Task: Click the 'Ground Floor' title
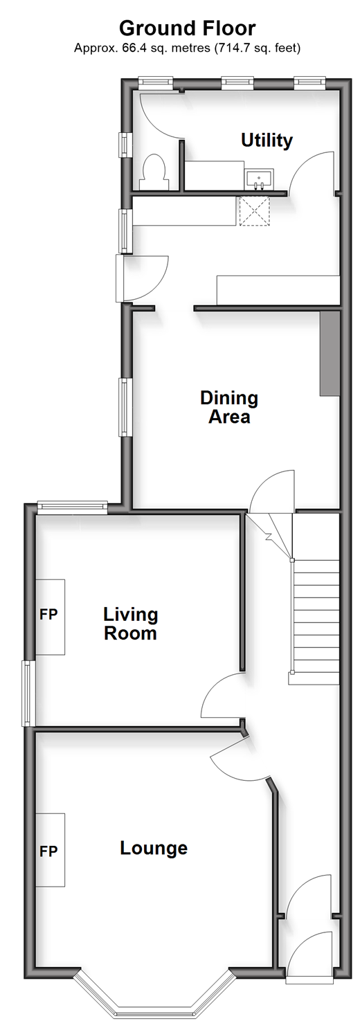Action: tap(187, 28)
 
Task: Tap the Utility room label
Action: tap(267, 141)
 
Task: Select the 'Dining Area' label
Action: tap(229, 407)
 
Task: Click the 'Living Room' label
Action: tap(131, 624)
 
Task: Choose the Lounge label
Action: tap(154, 848)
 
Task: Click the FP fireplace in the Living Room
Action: tap(50, 617)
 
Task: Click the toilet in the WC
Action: tap(154, 172)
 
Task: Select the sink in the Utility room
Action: tap(260, 179)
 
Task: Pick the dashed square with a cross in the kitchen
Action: tap(254, 210)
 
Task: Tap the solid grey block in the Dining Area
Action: tap(330, 353)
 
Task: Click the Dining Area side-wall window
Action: tap(124, 407)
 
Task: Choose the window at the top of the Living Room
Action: tap(72, 506)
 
